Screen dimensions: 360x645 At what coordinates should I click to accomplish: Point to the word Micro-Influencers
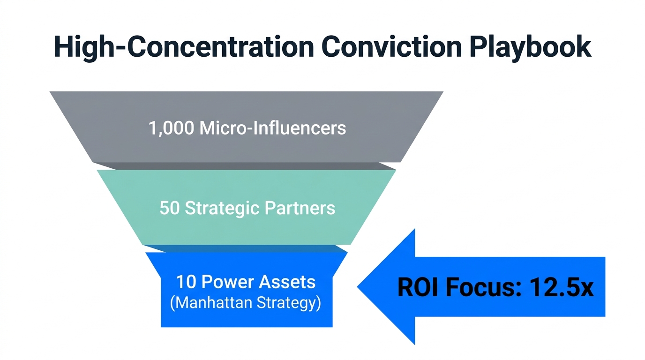pos(273,127)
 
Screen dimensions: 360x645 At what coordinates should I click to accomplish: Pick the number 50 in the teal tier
pos(169,208)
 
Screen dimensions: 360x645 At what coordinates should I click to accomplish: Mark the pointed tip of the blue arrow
pos(359,286)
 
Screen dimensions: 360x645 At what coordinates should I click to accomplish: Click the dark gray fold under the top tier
pos(244,166)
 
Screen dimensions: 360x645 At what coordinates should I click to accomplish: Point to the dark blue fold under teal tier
pos(246,248)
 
